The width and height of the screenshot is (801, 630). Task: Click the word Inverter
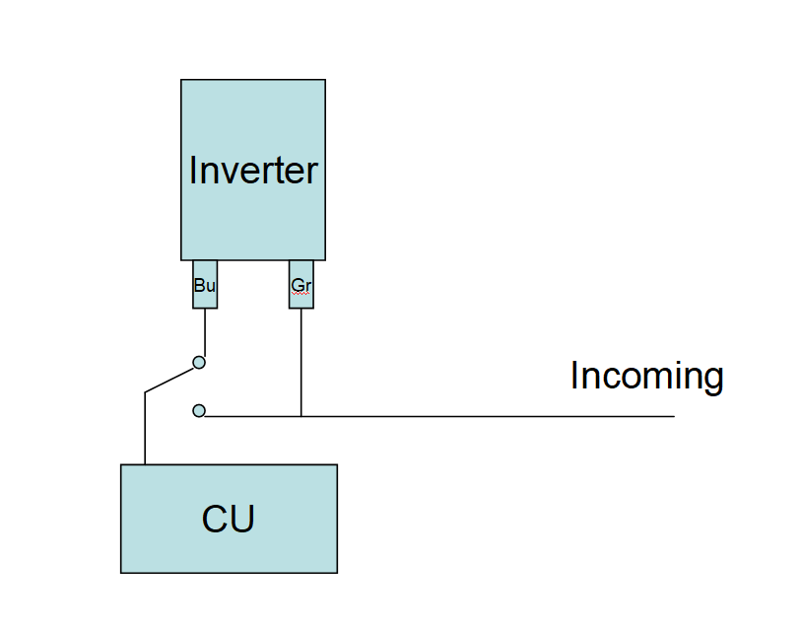point(253,170)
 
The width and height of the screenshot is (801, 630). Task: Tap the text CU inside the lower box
point(229,519)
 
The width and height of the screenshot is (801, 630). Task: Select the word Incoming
point(646,376)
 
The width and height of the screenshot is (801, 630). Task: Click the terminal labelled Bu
point(205,285)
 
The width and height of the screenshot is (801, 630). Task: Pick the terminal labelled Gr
point(301,285)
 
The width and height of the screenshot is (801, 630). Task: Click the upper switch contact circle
point(199,362)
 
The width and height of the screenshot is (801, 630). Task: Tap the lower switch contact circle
point(199,410)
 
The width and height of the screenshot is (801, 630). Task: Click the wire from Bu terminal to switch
point(205,331)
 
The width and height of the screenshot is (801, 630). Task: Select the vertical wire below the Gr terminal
point(301,360)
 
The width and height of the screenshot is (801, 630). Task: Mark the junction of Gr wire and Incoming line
point(301,416)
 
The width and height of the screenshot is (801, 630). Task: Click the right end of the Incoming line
point(673,416)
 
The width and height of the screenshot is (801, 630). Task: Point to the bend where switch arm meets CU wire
point(145,392)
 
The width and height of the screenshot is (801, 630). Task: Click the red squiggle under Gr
point(300,293)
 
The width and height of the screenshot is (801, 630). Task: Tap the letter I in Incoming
point(574,376)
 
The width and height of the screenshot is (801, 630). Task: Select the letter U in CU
point(242,519)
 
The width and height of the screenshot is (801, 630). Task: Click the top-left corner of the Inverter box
point(181,80)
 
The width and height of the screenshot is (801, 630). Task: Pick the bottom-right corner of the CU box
point(337,572)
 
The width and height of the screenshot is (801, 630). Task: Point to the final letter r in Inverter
point(312,172)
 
